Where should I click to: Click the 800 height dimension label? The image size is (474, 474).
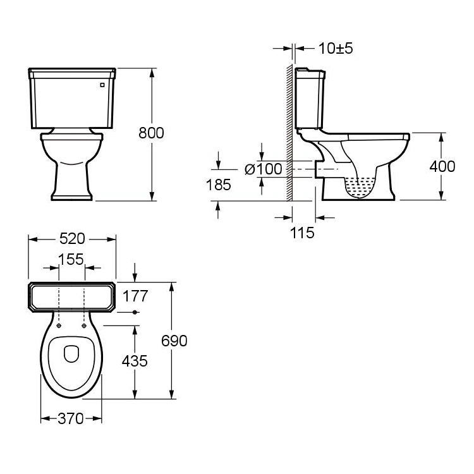[x=151, y=133]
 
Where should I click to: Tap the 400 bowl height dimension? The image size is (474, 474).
[x=442, y=166]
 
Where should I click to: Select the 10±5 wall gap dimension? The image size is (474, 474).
[x=336, y=49]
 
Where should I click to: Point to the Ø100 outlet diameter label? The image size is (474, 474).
[x=264, y=169]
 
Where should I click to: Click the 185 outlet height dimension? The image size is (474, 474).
[x=218, y=185]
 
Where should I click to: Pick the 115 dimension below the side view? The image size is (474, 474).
[x=302, y=233]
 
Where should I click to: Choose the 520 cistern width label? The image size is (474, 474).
[x=72, y=239]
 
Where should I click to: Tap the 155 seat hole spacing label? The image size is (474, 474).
[x=71, y=259]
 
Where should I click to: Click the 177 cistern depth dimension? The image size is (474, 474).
[x=135, y=296]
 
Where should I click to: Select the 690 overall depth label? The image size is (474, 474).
[x=174, y=341]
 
